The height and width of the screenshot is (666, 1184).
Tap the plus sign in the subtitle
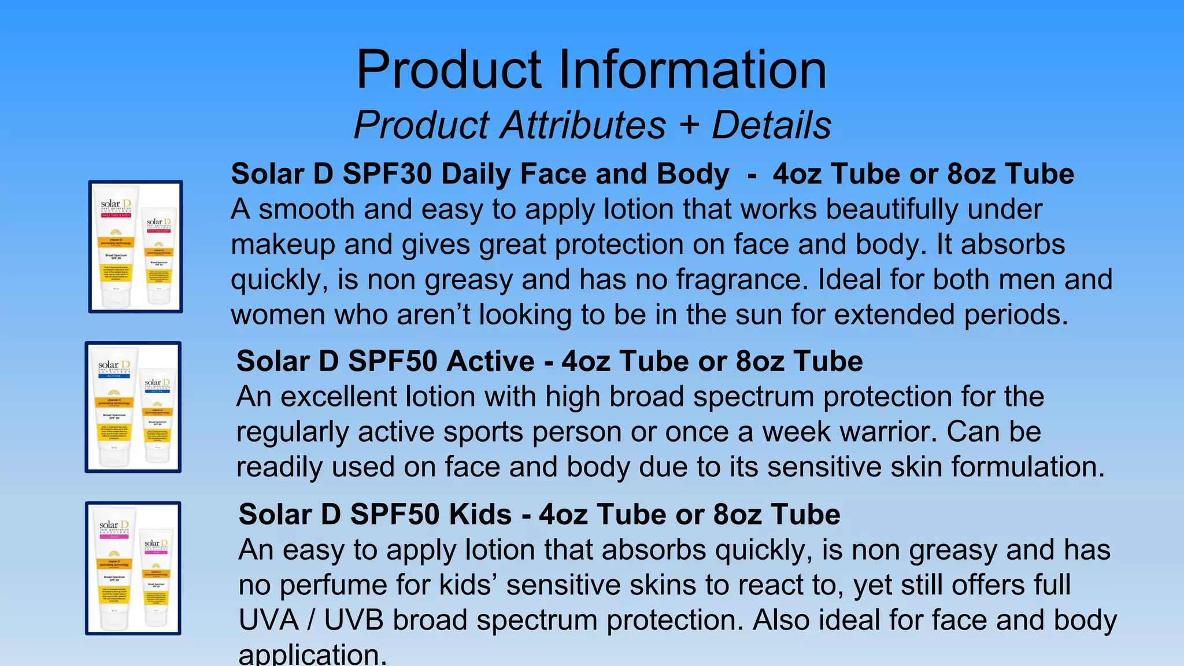click(x=689, y=124)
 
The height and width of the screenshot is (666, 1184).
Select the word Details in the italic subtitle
click(x=771, y=125)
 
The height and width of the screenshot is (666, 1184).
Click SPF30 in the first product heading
click(x=387, y=174)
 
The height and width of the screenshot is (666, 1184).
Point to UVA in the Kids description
click(x=268, y=620)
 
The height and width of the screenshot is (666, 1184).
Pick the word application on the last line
click(x=312, y=655)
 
